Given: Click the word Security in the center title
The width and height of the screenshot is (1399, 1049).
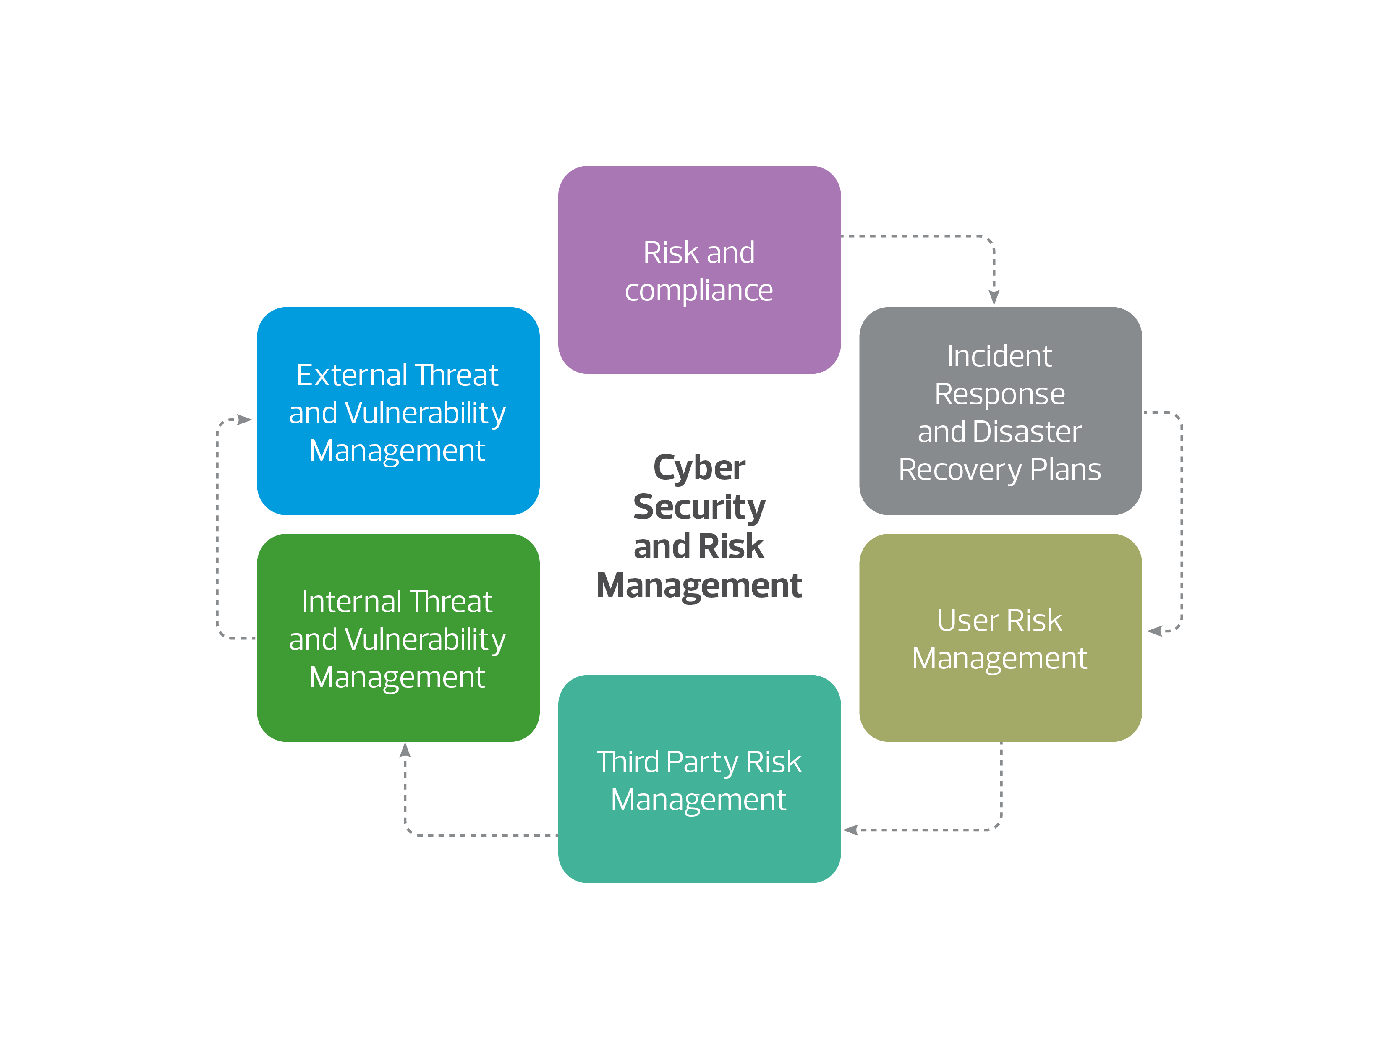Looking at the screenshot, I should tap(699, 508).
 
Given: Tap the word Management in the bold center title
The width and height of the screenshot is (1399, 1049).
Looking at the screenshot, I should tap(699, 585).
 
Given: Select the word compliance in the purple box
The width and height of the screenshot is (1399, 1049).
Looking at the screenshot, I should tap(699, 291).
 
